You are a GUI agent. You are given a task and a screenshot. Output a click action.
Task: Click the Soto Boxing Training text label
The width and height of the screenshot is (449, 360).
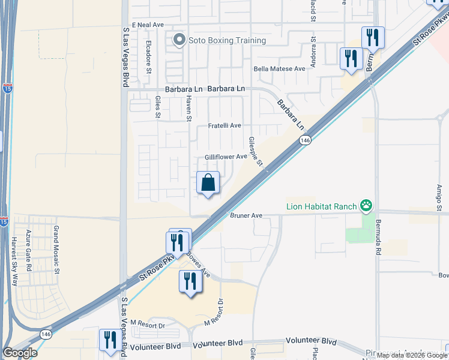click(227, 41)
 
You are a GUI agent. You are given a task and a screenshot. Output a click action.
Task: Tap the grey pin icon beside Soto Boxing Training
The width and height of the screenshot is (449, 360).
click(178, 41)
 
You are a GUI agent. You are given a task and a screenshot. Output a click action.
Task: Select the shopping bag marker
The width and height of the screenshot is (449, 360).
click(208, 183)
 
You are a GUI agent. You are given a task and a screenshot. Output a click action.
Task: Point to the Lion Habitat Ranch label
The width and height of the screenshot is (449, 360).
click(321, 206)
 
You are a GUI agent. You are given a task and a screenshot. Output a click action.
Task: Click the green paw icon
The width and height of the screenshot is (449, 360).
click(366, 206)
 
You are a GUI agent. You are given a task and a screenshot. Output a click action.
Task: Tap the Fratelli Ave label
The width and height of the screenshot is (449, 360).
click(224, 126)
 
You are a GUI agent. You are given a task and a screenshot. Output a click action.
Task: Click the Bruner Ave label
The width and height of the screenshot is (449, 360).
click(246, 215)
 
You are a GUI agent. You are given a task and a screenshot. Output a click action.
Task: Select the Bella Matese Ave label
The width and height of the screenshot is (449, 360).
click(280, 69)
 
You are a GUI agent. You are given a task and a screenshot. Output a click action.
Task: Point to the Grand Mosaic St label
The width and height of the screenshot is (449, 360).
click(57, 250)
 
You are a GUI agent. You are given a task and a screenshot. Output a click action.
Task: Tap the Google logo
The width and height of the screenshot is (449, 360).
click(20, 353)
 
